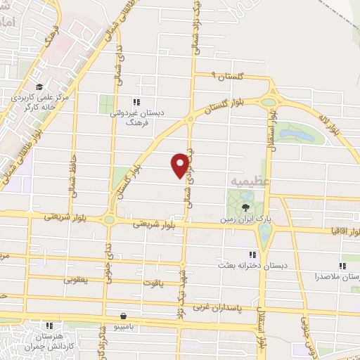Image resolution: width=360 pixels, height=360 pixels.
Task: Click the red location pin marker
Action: point(181,165)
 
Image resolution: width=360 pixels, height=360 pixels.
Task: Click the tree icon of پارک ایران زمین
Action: point(245,207)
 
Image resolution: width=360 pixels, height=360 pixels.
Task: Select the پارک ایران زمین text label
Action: point(245,219)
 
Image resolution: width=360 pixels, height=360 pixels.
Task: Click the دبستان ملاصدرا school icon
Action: point(342,266)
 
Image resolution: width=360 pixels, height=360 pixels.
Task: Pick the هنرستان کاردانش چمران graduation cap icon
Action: point(49,325)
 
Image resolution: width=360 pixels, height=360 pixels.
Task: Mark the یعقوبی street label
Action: point(75,279)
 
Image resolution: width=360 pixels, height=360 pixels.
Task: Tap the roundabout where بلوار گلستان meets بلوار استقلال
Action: point(269,101)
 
